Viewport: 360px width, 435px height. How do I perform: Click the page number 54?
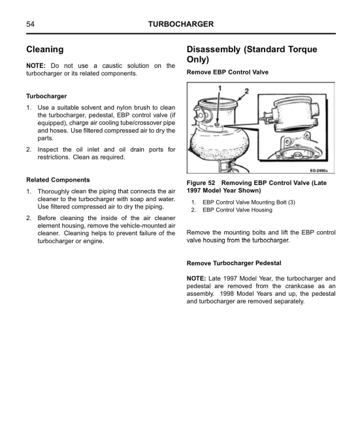[x=30, y=24]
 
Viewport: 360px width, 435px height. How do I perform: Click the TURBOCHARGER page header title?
[x=181, y=24]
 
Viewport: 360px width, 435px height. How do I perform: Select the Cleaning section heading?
[x=44, y=50]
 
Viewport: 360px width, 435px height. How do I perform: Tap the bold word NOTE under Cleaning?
[x=35, y=66]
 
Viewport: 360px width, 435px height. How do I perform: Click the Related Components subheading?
[x=58, y=180]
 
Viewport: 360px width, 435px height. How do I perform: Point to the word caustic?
[x=112, y=66]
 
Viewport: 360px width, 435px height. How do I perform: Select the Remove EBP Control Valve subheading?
[x=227, y=72]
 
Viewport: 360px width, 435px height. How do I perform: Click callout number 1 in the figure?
[x=220, y=88]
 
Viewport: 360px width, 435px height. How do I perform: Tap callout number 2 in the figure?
[x=246, y=91]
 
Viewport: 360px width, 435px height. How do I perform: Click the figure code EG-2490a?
[x=319, y=170]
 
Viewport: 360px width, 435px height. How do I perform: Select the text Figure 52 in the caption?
[x=201, y=183]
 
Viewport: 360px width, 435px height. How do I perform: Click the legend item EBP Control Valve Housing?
[x=237, y=210]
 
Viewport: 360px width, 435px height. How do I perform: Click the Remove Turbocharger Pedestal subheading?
[x=234, y=263]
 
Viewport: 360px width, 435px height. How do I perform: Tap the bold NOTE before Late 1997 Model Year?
[x=196, y=278]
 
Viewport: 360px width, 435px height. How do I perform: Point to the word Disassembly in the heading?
[x=214, y=50]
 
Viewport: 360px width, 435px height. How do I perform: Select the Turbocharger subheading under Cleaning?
[x=46, y=96]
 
